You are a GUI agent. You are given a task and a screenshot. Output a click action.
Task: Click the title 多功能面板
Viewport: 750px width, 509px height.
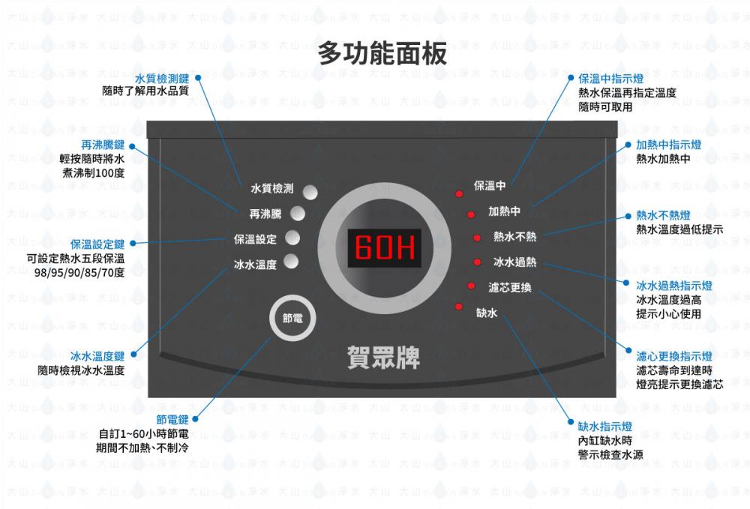[382, 53]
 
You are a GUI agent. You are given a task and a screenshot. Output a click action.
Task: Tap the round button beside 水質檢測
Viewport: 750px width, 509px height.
[310, 192]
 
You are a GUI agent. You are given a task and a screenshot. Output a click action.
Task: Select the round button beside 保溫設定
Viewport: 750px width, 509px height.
[292, 238]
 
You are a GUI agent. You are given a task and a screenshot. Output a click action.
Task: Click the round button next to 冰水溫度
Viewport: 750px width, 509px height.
[291, 262]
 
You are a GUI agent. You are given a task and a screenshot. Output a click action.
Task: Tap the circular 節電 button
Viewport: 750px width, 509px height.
[292, 318]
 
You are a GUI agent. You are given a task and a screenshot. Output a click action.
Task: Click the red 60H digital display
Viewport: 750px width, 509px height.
[384, 248]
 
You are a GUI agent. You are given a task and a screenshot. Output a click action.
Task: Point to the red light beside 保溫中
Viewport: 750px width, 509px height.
[459, 193]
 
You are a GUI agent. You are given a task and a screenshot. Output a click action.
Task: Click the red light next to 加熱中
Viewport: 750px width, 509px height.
[471, 214]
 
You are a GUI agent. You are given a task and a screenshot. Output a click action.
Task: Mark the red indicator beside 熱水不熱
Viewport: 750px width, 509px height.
[477, 238]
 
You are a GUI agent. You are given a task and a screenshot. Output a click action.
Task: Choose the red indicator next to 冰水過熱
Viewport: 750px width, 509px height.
[477, 262]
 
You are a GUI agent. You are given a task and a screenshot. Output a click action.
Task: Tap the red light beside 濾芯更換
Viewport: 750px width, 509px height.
[471, 286]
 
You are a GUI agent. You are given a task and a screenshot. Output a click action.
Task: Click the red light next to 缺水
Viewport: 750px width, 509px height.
[459, 307]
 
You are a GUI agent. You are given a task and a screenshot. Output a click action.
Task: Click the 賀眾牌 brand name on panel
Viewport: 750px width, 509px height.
[383, 358]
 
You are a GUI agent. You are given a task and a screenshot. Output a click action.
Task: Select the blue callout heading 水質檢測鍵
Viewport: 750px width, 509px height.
[162, 79]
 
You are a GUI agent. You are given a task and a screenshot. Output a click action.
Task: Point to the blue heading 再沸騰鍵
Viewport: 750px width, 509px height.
[103, 145]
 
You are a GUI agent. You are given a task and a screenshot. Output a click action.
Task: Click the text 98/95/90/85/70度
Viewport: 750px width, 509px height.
[79, 273]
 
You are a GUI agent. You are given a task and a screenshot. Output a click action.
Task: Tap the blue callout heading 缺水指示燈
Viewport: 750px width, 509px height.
[605, 427]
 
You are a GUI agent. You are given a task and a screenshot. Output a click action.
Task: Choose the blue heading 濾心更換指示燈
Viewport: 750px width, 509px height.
[674, 356]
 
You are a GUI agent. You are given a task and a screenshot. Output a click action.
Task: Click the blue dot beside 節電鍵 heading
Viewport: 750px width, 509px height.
[195, 420]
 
